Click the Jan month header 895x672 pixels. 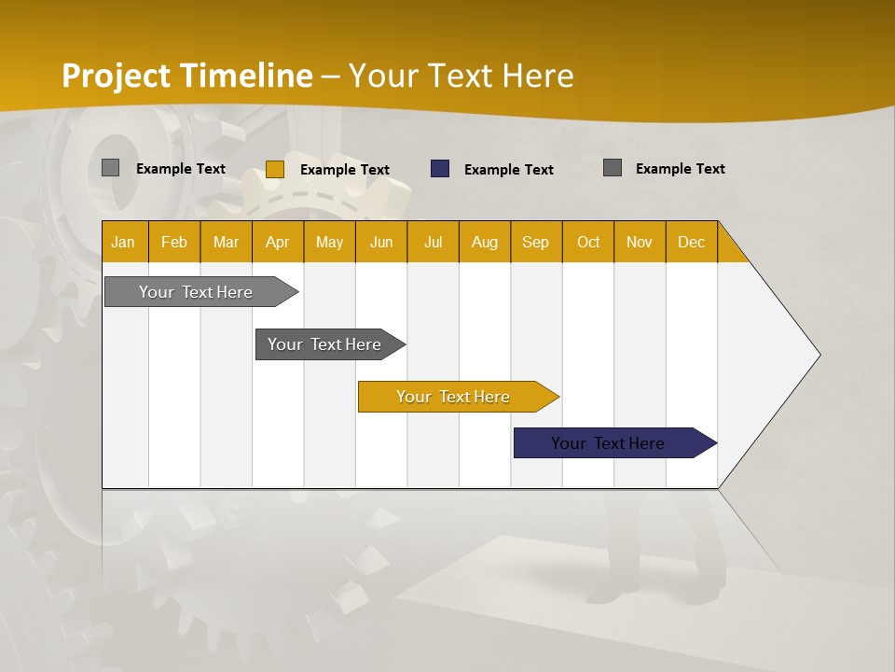coord(123,242)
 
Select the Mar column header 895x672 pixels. coord(226,242)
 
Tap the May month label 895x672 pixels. coord(329,242)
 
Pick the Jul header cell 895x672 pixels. coord(433,242)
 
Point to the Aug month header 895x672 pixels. coord(484,242)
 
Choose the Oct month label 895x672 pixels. coord(588,242)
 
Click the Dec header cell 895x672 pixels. coord(691,242)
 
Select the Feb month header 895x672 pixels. coord(174,242)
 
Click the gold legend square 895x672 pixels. coord(275,169)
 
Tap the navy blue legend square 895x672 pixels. coord(440,169)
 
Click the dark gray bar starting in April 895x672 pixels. coord(324,344)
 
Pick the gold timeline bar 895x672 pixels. coord(453,397)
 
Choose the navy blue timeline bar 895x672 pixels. coord(608,443)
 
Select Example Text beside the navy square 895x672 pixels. coord(508,170)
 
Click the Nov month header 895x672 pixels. coord(640,242)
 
